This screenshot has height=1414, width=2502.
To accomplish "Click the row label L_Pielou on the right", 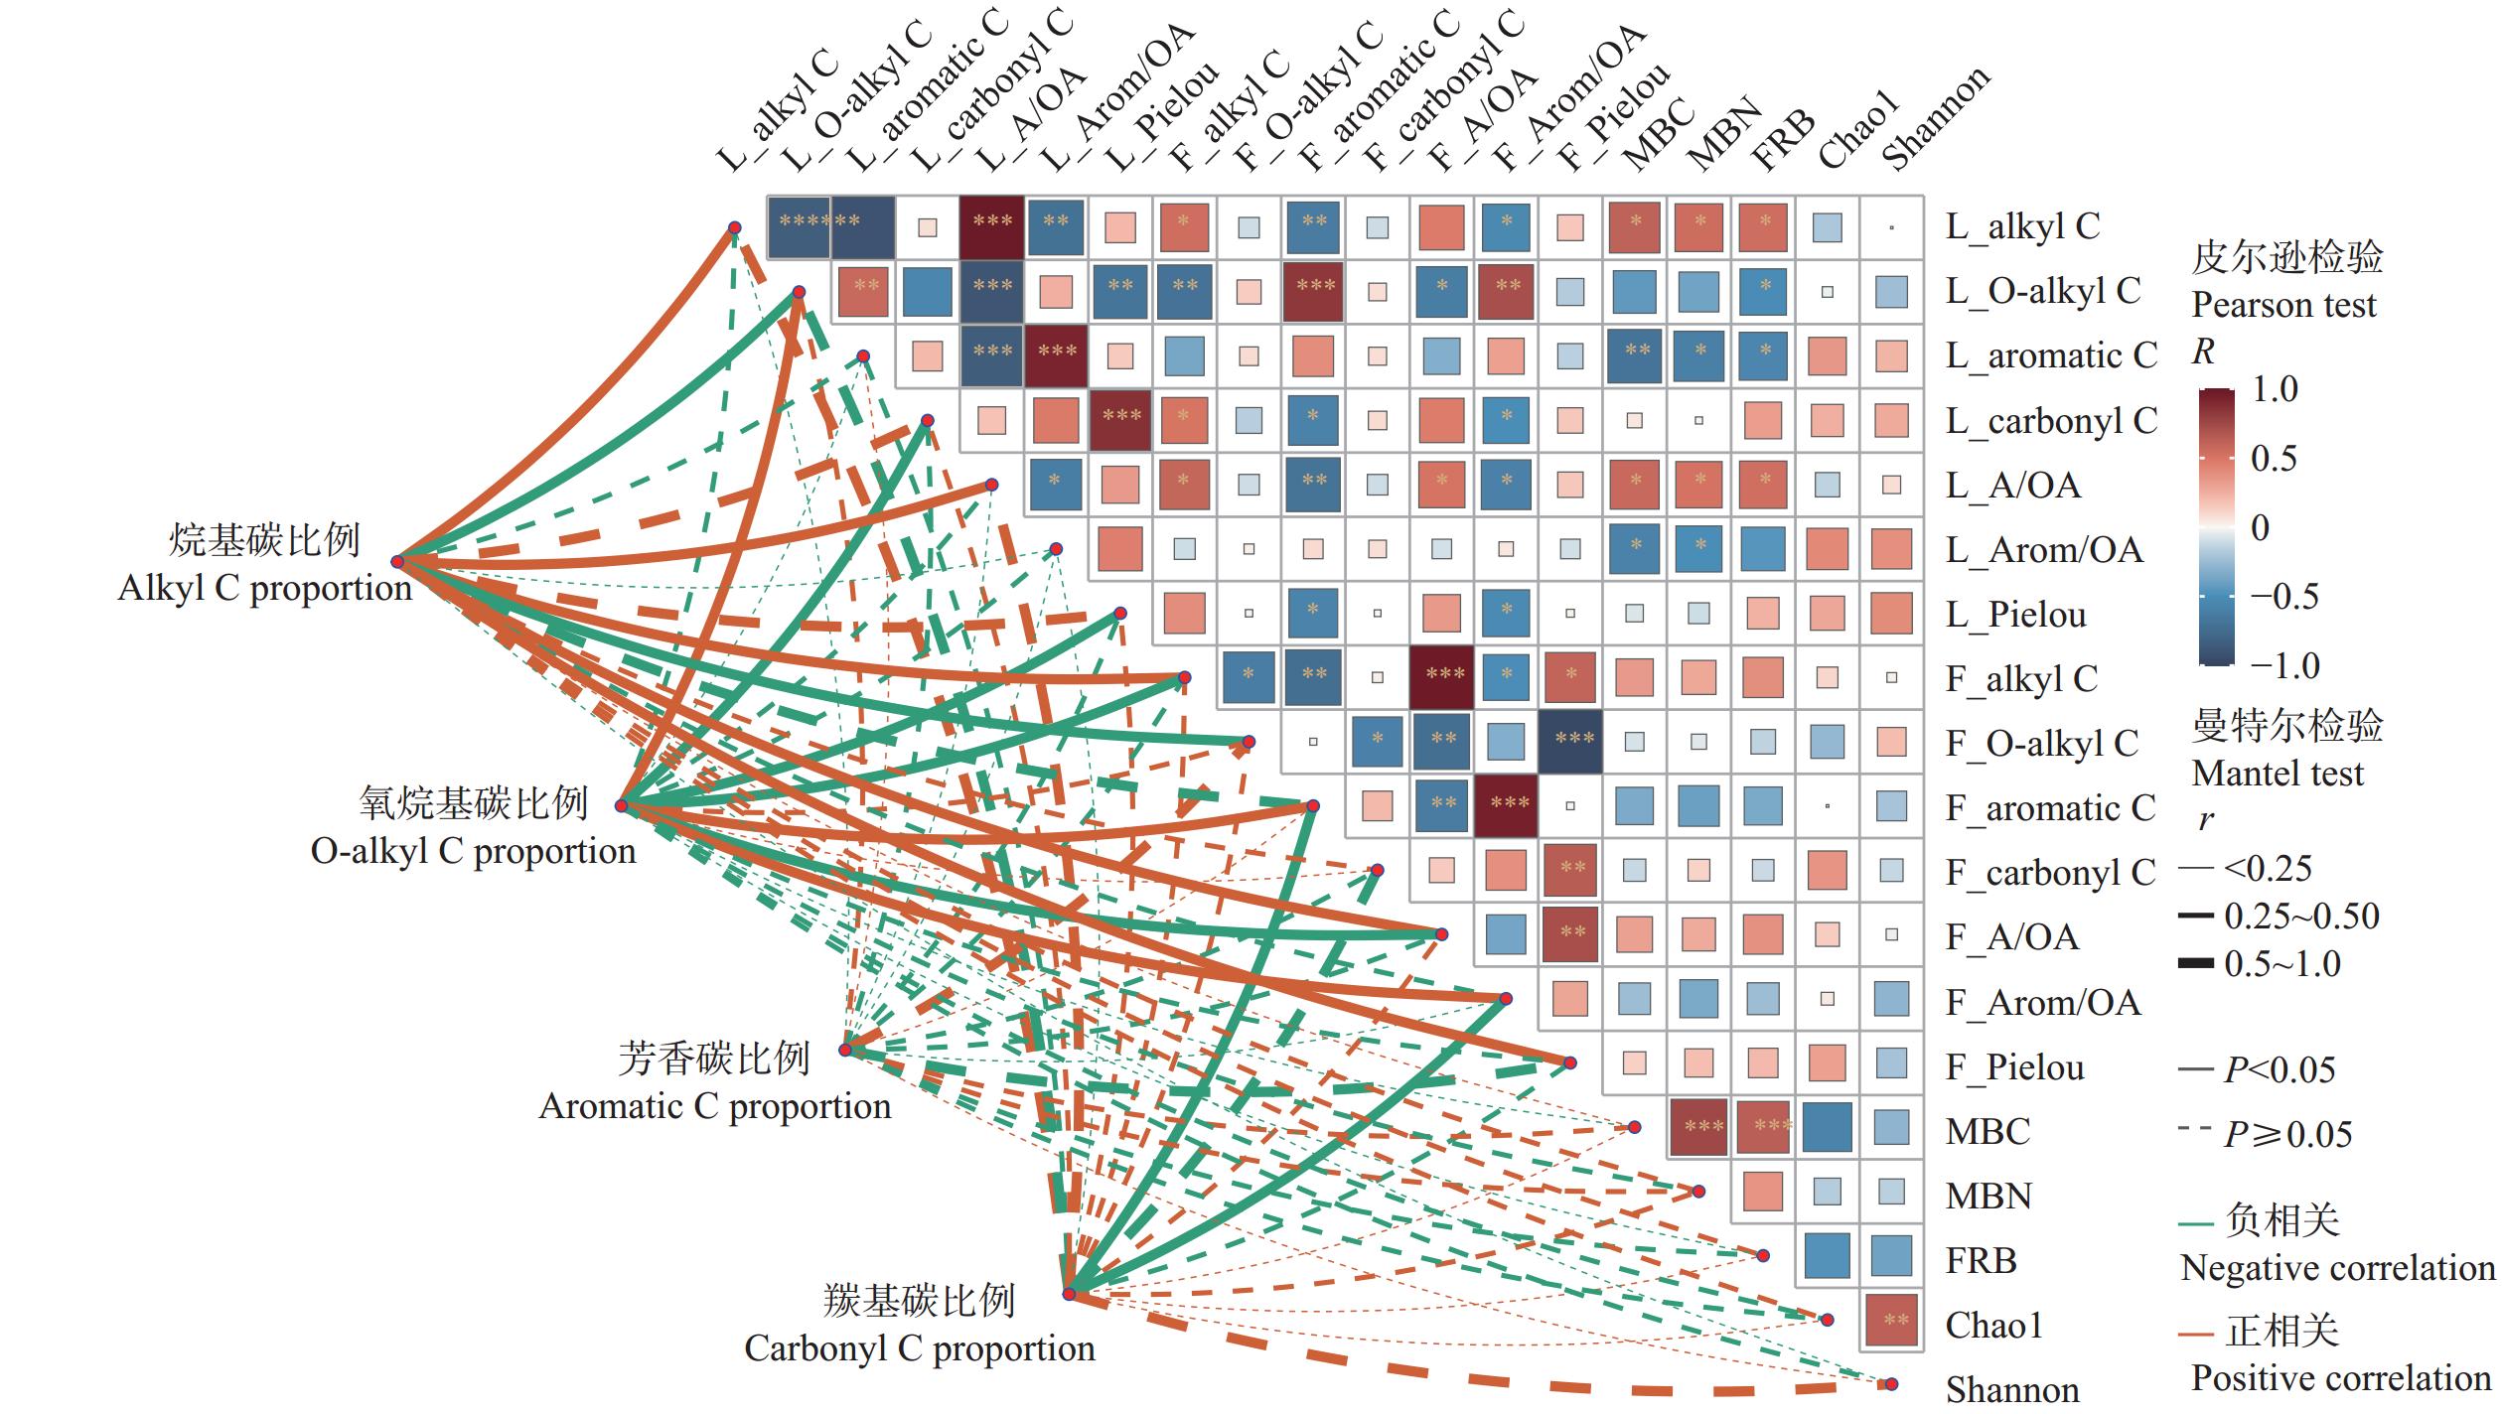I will [2015, 616].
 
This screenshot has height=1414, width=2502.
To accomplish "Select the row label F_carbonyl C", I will [2050, 873].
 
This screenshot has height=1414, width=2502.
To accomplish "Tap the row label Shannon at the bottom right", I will [2011, 1390].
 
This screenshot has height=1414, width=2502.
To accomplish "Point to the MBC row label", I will [1987, 1132].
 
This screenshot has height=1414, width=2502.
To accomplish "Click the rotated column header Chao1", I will [1859, 129].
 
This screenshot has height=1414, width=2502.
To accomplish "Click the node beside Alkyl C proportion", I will [397, 562].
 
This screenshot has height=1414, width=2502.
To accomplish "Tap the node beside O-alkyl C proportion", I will [622, 805].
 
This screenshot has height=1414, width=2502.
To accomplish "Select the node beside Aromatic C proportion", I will [846, 1050].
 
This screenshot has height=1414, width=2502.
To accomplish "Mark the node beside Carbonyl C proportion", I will [1070, 1294].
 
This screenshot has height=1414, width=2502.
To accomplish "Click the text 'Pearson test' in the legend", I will [2283, 305].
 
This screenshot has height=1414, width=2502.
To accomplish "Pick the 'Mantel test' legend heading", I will [2278, 774].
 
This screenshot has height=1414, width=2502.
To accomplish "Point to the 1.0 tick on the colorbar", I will [2275, 389].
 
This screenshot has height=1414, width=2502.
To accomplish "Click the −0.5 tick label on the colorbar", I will [2283, 597].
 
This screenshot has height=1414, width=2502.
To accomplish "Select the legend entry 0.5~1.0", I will [2281, 964].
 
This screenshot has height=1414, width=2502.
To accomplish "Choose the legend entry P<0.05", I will [2279, 1070].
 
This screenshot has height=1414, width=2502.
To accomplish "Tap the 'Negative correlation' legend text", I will [2336, 1269].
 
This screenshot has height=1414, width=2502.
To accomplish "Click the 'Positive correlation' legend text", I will [2340, 1379].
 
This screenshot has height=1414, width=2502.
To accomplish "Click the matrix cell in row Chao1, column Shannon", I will [1892, 1320].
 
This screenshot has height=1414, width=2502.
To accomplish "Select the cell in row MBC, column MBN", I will [1698, 1127].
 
